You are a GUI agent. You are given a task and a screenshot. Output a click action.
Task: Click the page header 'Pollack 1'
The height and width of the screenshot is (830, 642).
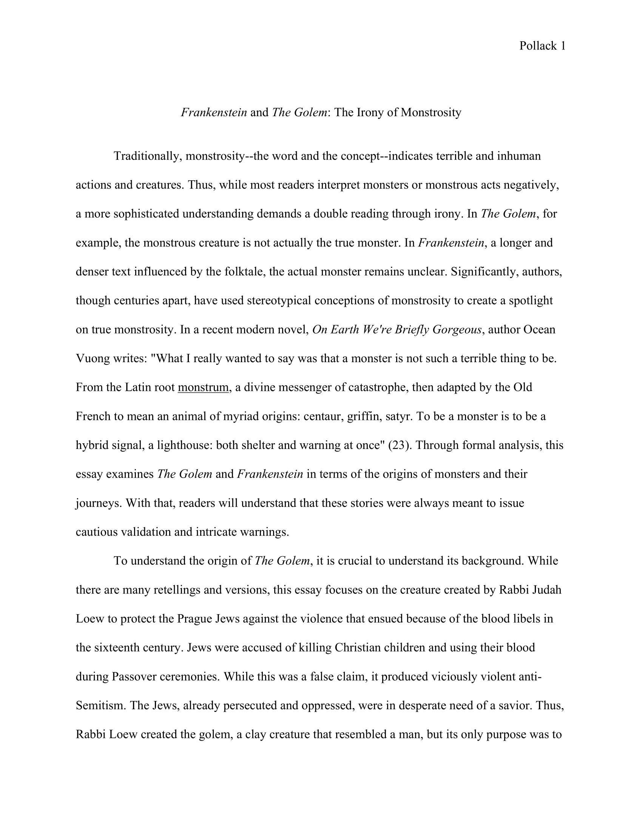[542, 46]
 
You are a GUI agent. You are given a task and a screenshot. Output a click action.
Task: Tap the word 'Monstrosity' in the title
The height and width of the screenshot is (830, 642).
[431, 112]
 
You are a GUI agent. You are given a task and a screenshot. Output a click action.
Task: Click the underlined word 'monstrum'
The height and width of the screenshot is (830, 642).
[203, 387]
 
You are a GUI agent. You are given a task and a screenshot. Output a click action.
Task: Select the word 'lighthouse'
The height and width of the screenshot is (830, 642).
[181, 445]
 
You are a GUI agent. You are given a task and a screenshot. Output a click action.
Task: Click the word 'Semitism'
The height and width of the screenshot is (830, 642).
[100, 705]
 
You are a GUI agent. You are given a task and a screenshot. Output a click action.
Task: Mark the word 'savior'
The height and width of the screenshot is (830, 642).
[514, 705]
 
